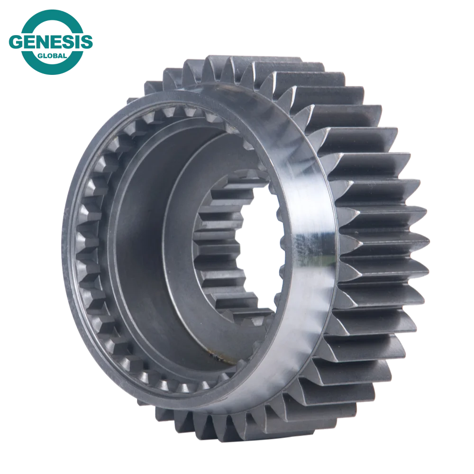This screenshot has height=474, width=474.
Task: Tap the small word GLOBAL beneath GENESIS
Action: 51,55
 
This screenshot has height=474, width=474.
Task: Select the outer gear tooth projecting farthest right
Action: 417,237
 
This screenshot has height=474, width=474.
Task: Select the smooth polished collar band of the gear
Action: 303,190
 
